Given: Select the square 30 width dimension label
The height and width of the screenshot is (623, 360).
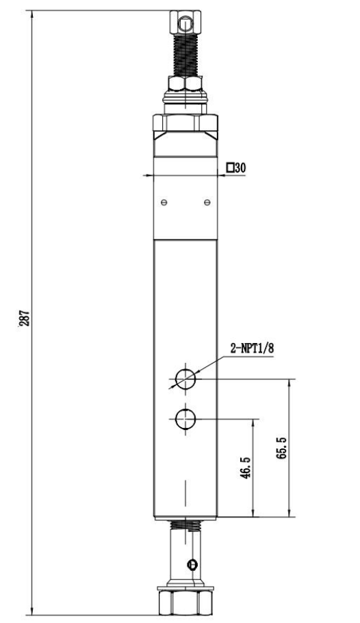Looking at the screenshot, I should tap(236, 167).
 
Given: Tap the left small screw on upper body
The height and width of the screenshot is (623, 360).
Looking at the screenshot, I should tap(163, 202).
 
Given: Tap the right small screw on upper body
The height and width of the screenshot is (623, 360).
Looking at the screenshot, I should tap(207, 202).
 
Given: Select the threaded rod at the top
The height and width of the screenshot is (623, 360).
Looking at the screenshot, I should tap(185, 55).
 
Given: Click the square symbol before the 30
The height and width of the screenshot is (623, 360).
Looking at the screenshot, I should tap(231, 167).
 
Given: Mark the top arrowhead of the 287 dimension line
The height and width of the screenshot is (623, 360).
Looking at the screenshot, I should tap(32, 13).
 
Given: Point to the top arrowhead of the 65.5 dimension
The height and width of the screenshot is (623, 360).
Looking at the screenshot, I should tap(288, 381).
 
